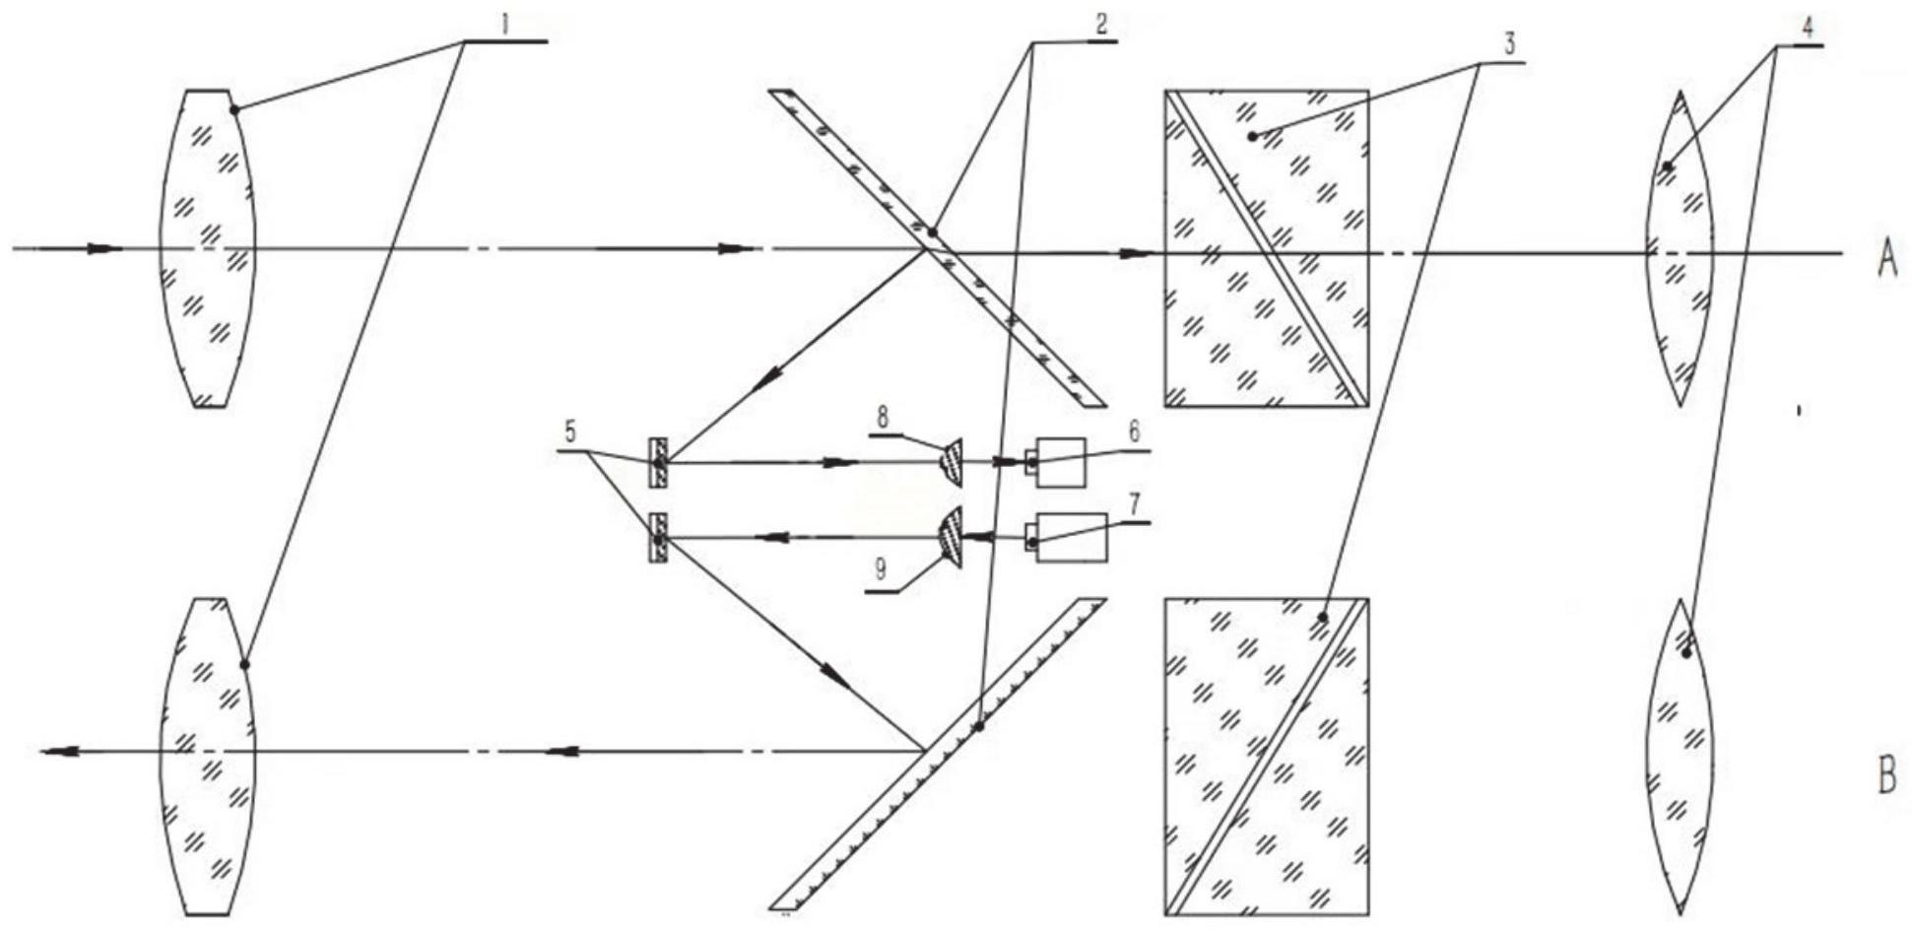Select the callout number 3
pyautogui.click(x=1508, y=43)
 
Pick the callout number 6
pyautogui.click(x=1134, y=432)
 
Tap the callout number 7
pyautogui.click(x=1134, y=505)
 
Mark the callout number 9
pyautogui.click(x=880, y=569)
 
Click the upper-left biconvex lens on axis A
pyautogui.click(x=208, y=248)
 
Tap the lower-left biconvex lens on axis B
pyautogui.click(x=208, y=756)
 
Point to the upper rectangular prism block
pyautogui.click(x=1266, y=248)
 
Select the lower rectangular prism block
pyautogui.click(x=1266, y=756)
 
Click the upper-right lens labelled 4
pyautogui.click(x=1680, y=248)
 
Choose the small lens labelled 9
pyautogui.click(x=950, y=537)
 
